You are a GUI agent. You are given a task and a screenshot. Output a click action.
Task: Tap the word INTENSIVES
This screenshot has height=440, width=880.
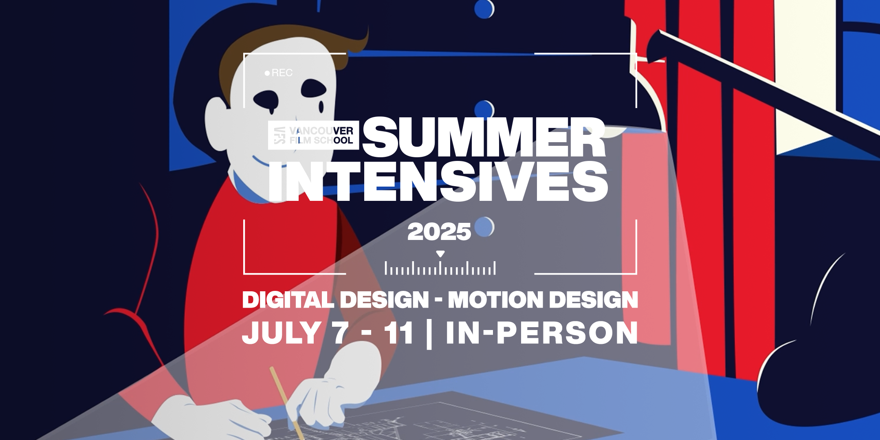[438, 181]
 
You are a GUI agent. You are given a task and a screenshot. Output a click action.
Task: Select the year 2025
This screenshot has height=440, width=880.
[439, 232]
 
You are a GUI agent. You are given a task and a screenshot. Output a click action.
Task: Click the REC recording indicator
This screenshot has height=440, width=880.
[279, 73]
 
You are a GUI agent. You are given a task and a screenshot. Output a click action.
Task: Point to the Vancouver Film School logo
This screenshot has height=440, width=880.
[313, 135]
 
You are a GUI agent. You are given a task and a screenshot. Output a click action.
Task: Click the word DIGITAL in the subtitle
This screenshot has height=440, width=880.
[288, 300]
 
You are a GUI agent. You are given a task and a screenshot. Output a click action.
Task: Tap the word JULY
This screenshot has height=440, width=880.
[282, 333]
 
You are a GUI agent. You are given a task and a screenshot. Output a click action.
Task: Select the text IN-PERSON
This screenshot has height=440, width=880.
[542, 333]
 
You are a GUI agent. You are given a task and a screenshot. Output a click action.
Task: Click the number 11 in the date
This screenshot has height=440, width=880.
[399, 333]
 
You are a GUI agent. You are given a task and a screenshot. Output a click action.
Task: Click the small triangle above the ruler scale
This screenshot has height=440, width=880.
[440, 254]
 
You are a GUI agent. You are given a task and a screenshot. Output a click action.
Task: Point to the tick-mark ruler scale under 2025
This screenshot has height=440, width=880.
[440, 268]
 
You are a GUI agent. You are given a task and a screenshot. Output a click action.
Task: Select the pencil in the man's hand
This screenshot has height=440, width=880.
[287, 403]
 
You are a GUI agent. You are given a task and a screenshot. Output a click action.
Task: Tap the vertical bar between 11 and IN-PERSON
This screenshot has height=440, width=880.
[429, 334]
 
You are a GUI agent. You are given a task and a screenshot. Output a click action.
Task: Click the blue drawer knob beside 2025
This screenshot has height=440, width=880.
[484, 227]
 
